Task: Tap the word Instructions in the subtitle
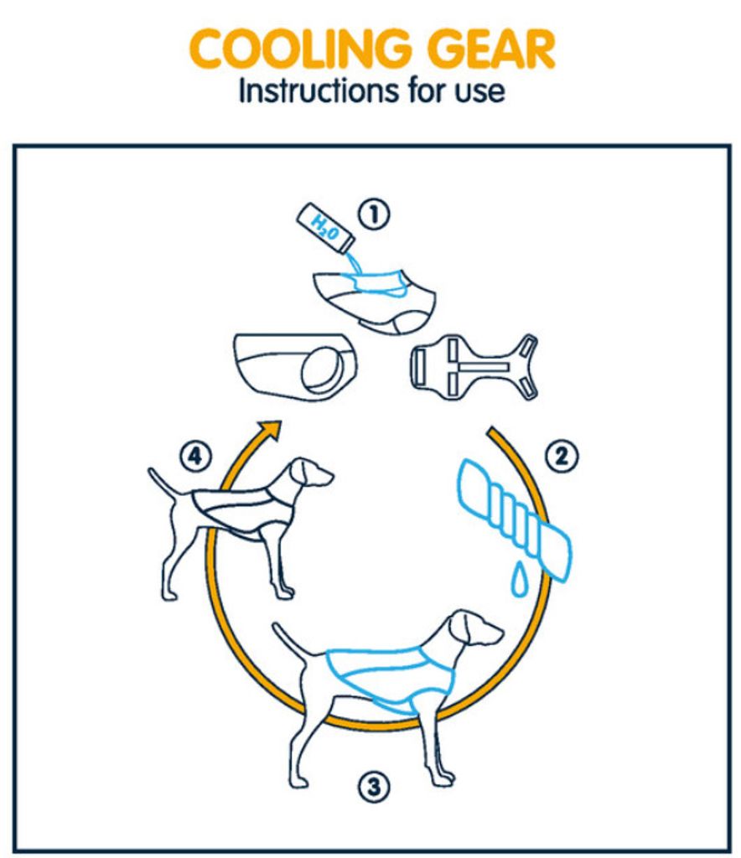(318, 90)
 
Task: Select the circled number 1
(375, 214)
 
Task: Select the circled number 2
(562, 456)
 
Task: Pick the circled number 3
(375, 787)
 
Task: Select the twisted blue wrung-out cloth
(513, 519)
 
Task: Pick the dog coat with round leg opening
(296, 365)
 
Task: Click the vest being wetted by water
(375, 301)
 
